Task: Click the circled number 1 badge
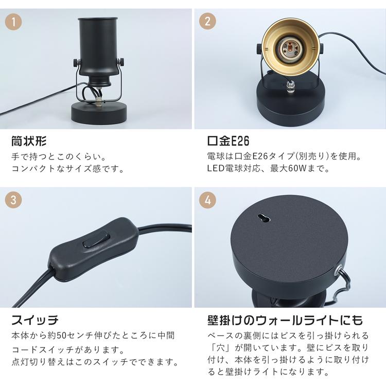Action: (x=13, y=22)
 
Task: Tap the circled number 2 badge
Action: (x=207, y=22)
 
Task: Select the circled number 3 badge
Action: (x=13, y=200)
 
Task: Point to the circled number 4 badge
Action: (x=207, y=200)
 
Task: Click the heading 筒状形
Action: (x=28, y=141)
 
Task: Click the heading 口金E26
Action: (x=228, y=141)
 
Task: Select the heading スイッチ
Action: (x=34, y=320)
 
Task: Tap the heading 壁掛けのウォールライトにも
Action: (x=285, y=320)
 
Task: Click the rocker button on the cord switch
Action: (x=96, y=239)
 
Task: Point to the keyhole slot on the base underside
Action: (x=264, y=218)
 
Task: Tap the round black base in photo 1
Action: (x=99, y=113)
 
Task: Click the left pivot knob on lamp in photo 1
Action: (x=76, y=62)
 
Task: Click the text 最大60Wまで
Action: (x=300, y=169)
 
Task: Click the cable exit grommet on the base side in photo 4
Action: (x=338, y=269)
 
